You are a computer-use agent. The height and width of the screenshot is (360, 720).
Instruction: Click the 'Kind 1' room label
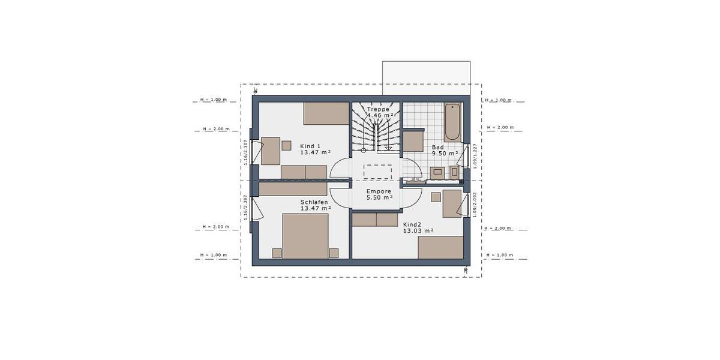tap(310, 146)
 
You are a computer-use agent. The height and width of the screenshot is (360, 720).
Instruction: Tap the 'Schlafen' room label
tap(314, 202)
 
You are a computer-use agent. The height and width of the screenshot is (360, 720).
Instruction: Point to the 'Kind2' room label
tap(413, 223)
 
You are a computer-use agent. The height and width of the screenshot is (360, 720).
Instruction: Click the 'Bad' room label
tap(438, 147)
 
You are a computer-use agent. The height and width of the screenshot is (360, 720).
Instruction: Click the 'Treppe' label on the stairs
tap(379, 109)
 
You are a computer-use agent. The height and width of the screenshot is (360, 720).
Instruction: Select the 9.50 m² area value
tap(445, 154)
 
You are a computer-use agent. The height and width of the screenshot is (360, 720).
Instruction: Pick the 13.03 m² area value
tap(418, 230)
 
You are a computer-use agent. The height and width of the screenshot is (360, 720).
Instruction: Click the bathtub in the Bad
tap(452, 122)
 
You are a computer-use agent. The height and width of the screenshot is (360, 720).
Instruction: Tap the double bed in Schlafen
tap(305, 237)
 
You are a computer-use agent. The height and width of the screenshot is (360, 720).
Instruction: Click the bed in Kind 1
tap(326, 113)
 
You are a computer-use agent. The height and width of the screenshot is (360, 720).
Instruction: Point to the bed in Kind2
tap(440, 247)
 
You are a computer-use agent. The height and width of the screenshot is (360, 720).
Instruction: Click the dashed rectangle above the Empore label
tap(378, 171)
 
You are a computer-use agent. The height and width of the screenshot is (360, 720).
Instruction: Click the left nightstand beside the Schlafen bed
tap(277, 253)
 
